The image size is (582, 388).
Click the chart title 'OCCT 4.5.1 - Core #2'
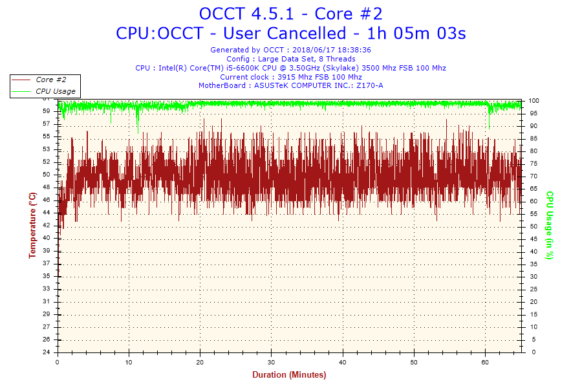[x=290, y=14]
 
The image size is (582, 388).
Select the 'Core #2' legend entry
[x=51, y=80]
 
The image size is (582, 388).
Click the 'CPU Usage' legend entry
[x=55, y=91]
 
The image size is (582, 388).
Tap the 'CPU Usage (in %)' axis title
[x=550, y=225]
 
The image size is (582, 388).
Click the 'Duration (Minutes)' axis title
[x=289, y=375]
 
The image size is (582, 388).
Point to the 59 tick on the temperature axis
[x=47, y=111]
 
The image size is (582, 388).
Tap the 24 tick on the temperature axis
[x=47, y=352]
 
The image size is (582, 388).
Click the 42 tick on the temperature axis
[x=47, y=225]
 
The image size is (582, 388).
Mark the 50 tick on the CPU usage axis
[x=532, y=226]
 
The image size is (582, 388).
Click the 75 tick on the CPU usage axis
[x=532, y=164]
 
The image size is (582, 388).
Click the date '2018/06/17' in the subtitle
[x=314, y=50]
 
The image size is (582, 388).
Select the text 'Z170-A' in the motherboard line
[x=371, y=85]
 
